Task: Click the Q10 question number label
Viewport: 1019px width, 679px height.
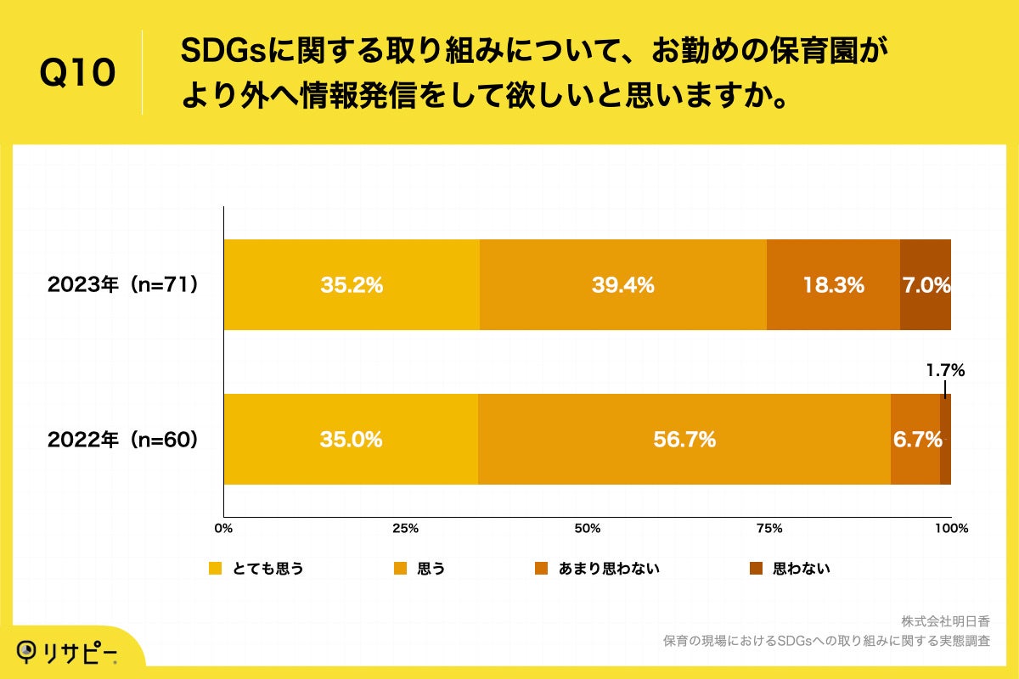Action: (77, 74)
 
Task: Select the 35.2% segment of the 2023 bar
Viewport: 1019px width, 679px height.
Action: (352, 285)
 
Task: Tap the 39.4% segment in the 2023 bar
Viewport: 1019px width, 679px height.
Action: (622, 285)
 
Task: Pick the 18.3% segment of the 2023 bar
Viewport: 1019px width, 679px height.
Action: (833, 285)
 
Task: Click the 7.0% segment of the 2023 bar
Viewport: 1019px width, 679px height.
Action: (926, 285)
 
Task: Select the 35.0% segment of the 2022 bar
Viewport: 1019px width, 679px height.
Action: (351, 440)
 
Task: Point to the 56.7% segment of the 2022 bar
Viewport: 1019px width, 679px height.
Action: (684, 440)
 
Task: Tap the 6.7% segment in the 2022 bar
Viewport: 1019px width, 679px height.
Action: (915, 440)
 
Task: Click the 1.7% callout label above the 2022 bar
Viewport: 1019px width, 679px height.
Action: (945, 370)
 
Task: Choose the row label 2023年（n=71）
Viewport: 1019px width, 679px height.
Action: (123, 285)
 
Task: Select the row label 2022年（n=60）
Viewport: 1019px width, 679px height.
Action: (123, 440)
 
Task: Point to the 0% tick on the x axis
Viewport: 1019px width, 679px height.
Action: (223, 529)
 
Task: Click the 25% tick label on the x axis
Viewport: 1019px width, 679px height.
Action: (405, 529)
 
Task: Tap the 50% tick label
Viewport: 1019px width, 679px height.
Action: (587, 529)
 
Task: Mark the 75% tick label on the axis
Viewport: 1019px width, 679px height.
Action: (768, 529)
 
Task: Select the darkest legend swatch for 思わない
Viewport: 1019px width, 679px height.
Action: (756, 569)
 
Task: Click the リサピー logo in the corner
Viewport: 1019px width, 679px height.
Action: (68, 651)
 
